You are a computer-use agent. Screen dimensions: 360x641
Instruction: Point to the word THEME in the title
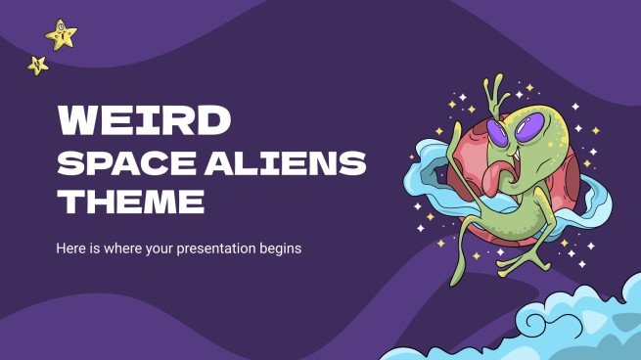pos(130,202)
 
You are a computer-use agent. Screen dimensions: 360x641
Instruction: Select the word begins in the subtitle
pos(277,248)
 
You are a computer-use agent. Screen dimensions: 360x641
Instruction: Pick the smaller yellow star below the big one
pos(38,66)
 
